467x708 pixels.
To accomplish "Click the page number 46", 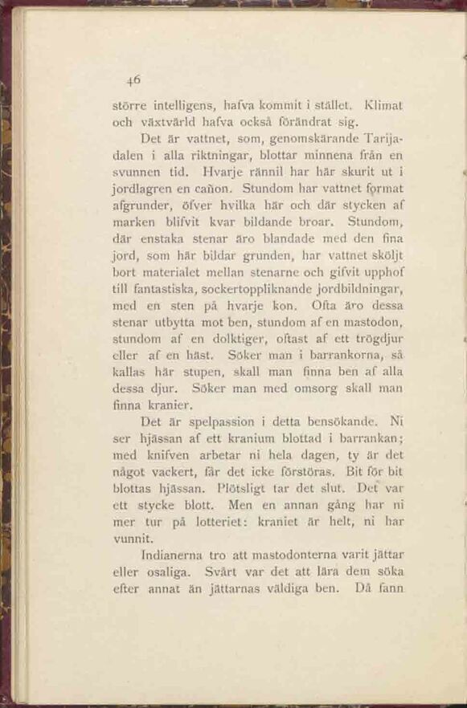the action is tap(133, 79).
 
